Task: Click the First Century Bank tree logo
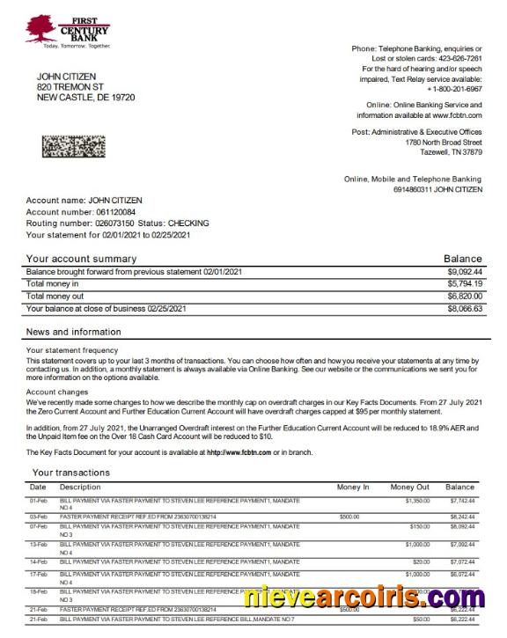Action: tap(40, 28)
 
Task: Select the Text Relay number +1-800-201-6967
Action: tap(454, 89)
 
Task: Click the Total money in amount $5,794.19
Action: tap(464, 284)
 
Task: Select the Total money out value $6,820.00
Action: tap(464, 297)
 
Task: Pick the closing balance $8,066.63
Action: tap(464, 309)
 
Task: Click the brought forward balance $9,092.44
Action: tap(464, 272)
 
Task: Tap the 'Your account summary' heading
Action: tap(81, 259)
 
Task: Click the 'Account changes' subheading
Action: tap(56, 392)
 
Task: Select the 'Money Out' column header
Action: tap(409, 487)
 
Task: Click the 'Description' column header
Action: tap(80, 487)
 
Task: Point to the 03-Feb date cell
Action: tap(39, 517)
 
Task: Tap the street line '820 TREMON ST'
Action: tap(70, 87)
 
